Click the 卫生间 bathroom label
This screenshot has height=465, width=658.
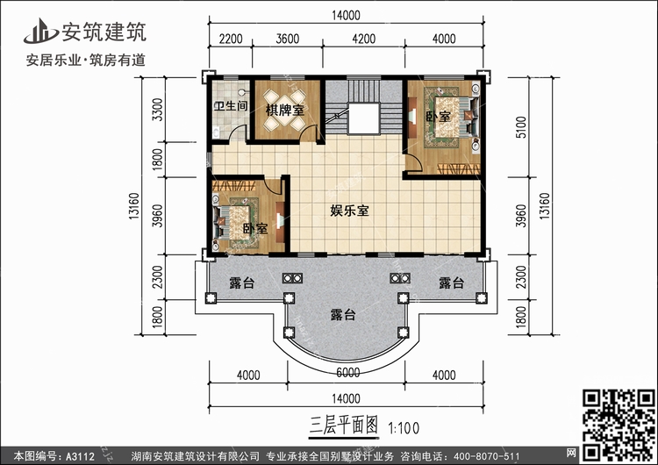[x=230, y=108]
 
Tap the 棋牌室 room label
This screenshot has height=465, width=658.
[x=286, y=110]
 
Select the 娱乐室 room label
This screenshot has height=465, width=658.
[x=349, y=211]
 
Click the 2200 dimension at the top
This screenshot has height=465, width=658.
[x=230, y=39]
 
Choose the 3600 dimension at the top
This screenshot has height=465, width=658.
[x=288, y=39]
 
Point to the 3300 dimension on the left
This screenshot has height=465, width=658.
[x=158, y=111]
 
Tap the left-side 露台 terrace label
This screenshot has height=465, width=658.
[x=241, y=283]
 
